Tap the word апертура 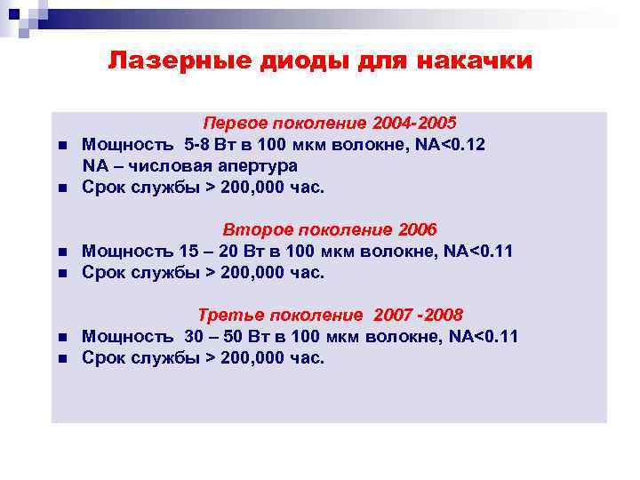pos(258,165)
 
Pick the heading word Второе pos(254,229)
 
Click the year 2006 pos(419,229)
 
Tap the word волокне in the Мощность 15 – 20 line pos(395,251)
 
